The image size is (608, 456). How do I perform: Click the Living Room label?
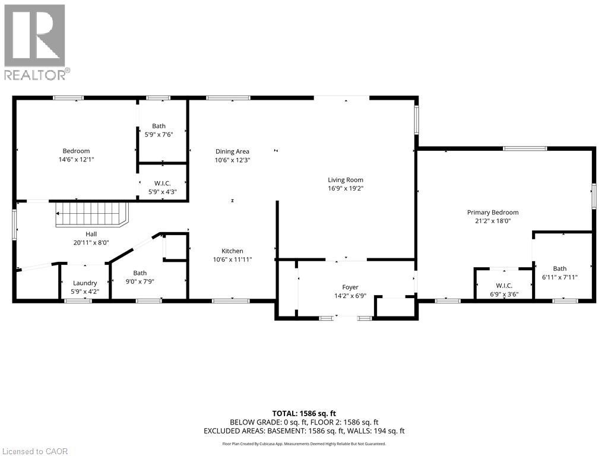click(x=346, y=180)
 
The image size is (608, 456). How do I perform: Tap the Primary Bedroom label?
click(x=492, y=212)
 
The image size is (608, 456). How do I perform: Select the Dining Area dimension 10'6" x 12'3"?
click(x=232, y=160)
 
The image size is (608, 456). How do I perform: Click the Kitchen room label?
click(x=232, y=251)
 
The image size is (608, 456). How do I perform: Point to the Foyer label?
click(x=350, y=287)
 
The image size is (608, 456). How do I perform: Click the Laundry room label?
click(x=85, y=283)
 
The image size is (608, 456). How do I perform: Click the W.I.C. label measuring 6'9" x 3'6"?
click(x=503, y=286)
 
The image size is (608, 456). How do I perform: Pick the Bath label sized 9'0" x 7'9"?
click(x=140, y=273)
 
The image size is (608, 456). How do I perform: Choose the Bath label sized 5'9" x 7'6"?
click(x=159, y=126)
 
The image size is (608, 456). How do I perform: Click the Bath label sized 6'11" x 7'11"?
click(x=559, y=268)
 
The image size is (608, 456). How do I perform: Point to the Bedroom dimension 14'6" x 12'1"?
click(x=76, y=160)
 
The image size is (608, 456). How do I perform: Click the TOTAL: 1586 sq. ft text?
click(x=304, y=413)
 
